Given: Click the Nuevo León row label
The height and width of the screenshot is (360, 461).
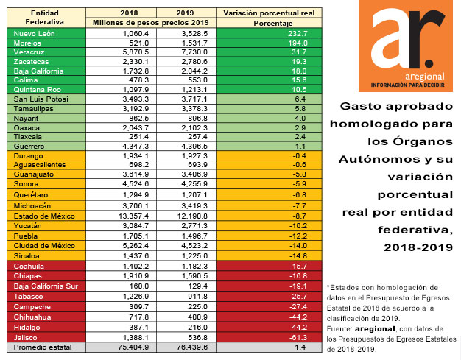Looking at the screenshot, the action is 34,34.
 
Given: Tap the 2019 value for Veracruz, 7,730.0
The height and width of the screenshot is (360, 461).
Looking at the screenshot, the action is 194,52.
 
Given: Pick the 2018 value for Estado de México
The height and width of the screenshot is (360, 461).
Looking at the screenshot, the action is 134,216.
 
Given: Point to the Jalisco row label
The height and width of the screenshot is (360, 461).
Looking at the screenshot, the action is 25,338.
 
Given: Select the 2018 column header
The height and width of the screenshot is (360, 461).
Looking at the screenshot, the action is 129,13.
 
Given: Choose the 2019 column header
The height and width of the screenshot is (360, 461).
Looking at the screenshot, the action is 185,13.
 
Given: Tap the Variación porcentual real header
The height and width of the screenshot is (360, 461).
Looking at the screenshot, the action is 269,13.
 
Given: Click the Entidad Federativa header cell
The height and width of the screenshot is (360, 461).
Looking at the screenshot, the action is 45,18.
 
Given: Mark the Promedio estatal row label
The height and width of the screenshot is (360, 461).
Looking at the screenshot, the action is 43,347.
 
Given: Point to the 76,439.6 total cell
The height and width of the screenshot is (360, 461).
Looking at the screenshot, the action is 192,347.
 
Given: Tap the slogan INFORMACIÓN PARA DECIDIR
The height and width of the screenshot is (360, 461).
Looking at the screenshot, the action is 407,85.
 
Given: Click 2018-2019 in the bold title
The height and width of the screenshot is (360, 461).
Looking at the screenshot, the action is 418,247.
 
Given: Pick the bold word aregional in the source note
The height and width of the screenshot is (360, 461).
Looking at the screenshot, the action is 375,329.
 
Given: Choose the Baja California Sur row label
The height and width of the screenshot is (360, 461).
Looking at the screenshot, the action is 46,286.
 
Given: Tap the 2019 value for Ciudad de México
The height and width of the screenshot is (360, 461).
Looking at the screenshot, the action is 194,246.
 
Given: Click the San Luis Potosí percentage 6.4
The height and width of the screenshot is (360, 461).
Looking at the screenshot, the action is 300,99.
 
